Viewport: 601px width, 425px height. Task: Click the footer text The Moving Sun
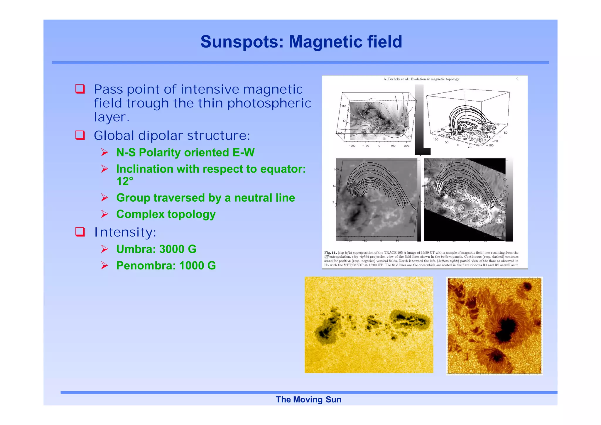(308, 399)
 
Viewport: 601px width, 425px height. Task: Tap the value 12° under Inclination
(124, 181)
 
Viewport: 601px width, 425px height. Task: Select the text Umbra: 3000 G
(156, 249)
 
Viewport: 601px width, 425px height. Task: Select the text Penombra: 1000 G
(166, 266)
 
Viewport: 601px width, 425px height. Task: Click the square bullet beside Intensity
(80, 232)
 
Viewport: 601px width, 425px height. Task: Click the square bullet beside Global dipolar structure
(80, 135)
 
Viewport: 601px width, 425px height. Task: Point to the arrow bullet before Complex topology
(104, 214)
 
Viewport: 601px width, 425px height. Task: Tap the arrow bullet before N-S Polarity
(104, 152)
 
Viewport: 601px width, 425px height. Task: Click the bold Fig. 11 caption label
(330, 252)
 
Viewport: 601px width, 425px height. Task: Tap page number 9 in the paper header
(517, 79)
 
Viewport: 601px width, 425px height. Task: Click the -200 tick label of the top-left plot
(352, 146)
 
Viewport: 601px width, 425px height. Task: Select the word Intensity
(125, 232)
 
